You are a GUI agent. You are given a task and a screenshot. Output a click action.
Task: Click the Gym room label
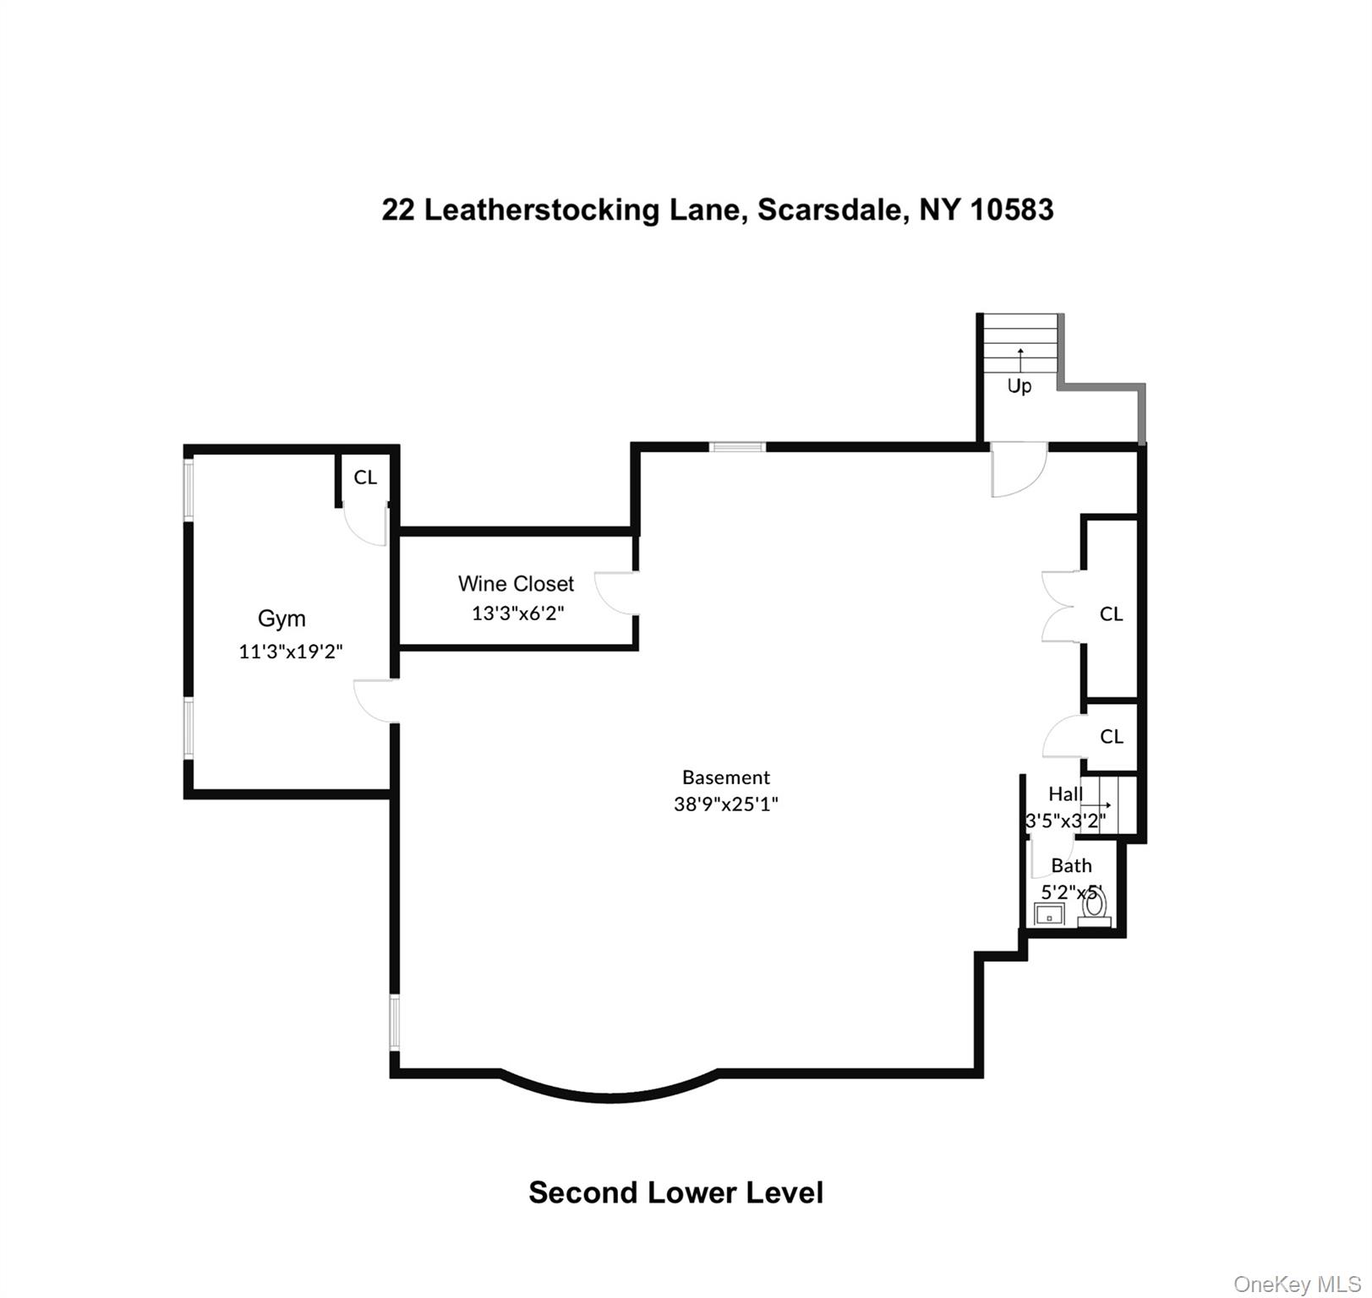click(282, 619)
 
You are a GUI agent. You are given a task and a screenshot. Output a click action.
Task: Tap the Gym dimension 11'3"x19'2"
click(291, 652)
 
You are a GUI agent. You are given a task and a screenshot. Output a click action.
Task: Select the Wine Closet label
click(516, 584)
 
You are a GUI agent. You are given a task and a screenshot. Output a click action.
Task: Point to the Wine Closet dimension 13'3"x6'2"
click(517, 614)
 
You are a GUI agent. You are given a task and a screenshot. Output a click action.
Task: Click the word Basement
click(726, 777)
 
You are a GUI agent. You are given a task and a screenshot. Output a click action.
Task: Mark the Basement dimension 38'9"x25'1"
click(725, 804)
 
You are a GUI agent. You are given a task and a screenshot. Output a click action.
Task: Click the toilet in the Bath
click(1095, 908)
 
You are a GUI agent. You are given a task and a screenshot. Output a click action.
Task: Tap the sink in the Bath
click(1049, 914)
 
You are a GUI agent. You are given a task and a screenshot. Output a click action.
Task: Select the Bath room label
click(1071, 866)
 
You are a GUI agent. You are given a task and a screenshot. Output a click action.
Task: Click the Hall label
click(1065, 794)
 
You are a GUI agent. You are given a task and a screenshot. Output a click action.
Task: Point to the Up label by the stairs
click(1019, 386)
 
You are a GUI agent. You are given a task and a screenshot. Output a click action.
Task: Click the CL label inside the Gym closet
click(365, 477)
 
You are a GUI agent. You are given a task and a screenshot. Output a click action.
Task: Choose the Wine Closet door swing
click(615, 592)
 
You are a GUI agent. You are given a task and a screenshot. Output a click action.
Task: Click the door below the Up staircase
click(1018, 470)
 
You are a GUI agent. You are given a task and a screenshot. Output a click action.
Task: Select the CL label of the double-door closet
click(1111, 614)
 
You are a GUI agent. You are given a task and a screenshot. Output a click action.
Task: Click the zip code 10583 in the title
click(1011, 209)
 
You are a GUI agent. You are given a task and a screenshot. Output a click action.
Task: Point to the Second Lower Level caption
click(675, 1192)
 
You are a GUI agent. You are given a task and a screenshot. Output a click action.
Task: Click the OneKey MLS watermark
click(1297, 1284)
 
